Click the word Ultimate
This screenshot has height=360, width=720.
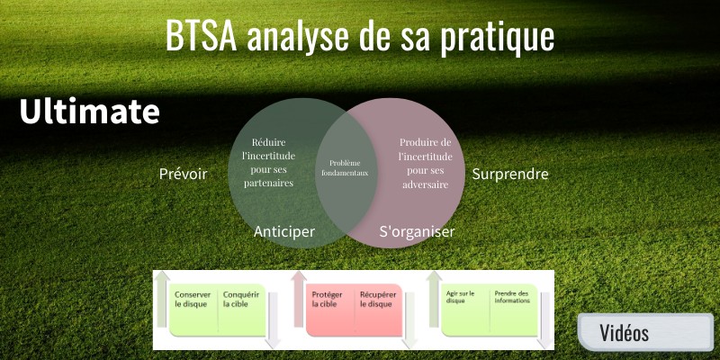[x=90, y=112]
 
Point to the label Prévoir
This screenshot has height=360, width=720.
[x=183, y=174]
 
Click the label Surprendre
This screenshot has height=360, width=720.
[x=509, y=174]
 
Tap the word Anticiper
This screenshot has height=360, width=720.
[x=284, y=231]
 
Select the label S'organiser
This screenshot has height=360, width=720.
[x=417, y=231]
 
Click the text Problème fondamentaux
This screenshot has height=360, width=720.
[x=348, y=167]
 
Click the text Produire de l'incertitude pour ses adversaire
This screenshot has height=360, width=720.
[x=426, y=162]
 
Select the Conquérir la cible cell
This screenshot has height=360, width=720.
[x=241, y=299]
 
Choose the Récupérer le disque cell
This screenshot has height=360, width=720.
[x=377, y=299]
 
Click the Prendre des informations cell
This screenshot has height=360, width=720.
[x=514, y=298]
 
